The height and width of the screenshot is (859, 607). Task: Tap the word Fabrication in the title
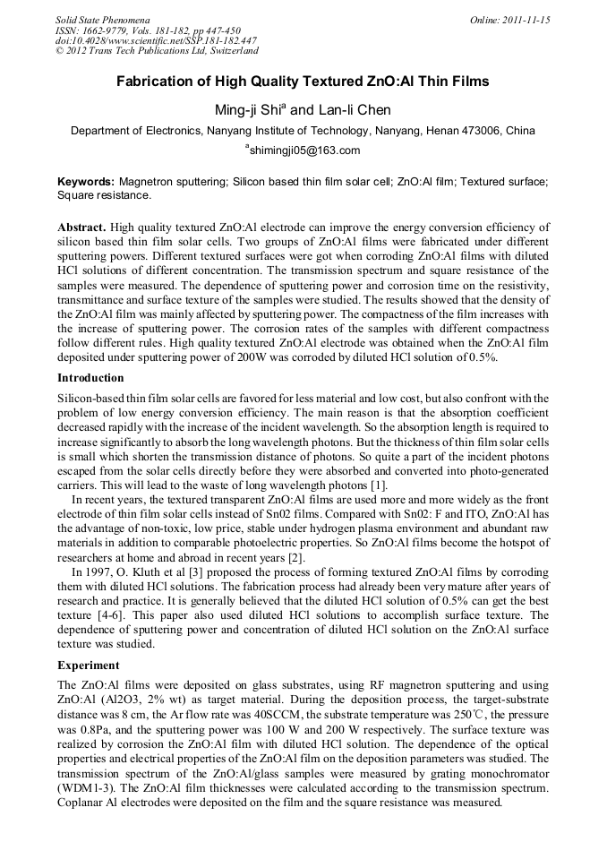(x=161, y=82)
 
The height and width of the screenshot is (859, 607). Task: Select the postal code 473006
(x=484, y=131)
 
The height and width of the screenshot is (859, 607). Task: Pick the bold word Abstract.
(x=82, y=227)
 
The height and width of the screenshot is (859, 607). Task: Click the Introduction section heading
(x=90, y=378)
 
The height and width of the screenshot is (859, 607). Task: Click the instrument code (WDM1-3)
(x=86, y=786)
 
